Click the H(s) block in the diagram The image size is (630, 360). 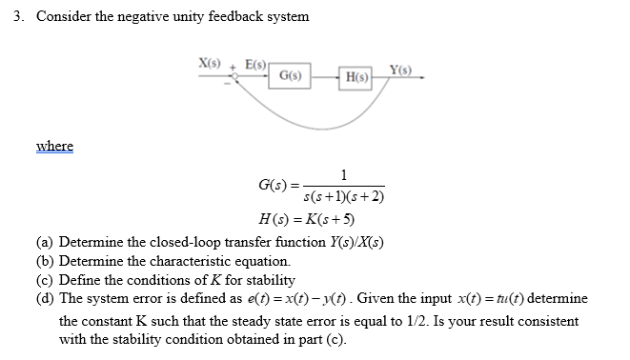click(x=359, y=76)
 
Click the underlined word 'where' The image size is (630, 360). click(x=54, y=146)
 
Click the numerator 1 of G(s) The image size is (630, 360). click(x=343, y=174)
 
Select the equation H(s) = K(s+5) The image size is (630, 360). click(x=314, y=221)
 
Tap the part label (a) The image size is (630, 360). click(x=45, y=242)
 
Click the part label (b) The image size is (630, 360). click(x=45, y=261)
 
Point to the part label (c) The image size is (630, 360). click(x=45, y=280)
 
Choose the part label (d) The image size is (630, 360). click(x=45, y=299)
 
